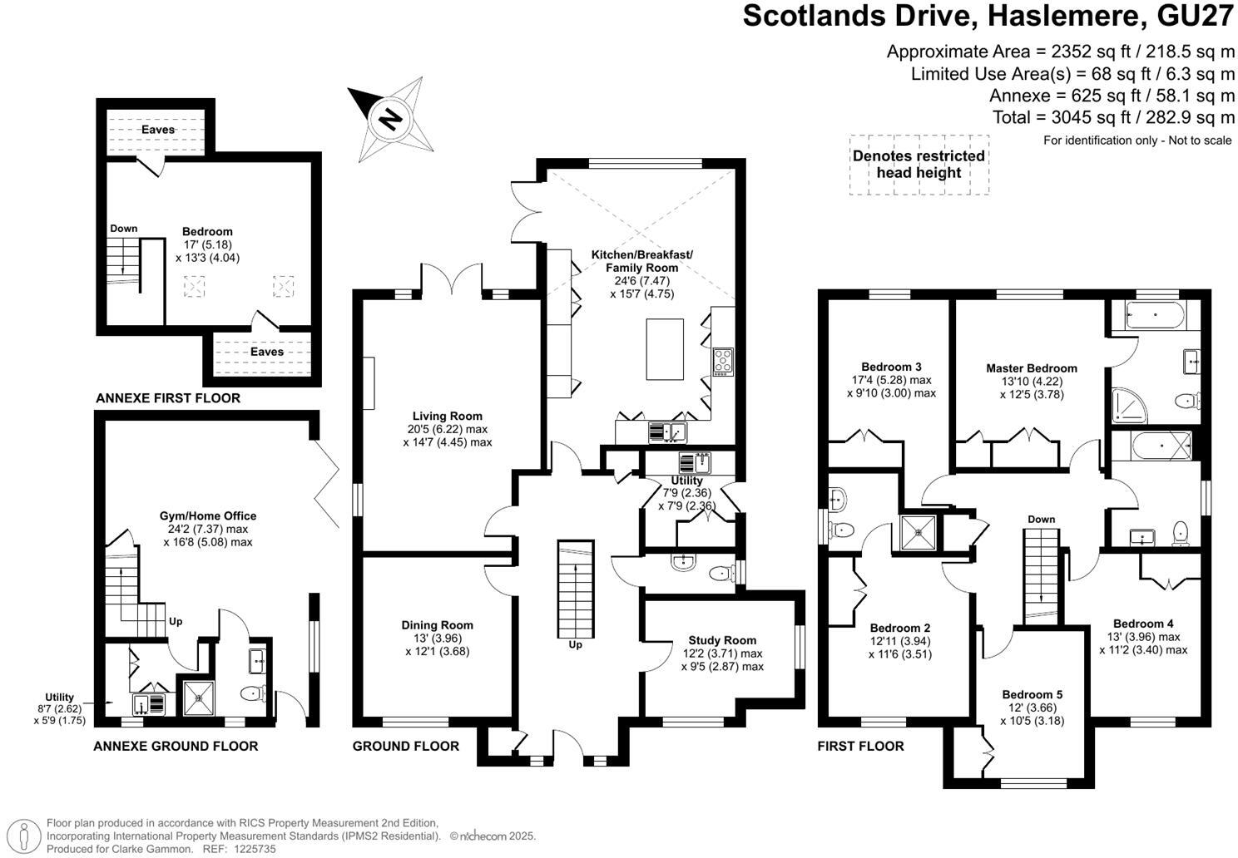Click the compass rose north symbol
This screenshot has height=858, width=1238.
coord(389,119)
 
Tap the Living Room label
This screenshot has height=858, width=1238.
coord(447,416)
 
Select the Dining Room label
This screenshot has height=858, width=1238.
coord(437,625)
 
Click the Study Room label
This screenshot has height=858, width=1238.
coord(722,640)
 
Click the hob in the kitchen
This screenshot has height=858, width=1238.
coord(722,362)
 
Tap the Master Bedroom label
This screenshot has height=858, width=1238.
coord(1031,368)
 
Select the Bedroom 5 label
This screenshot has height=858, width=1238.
coord(1032,694)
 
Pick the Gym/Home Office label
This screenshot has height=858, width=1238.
coord(208,515)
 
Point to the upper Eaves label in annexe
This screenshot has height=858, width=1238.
coord(157,130)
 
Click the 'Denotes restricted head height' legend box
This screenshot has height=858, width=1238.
coord(919,165)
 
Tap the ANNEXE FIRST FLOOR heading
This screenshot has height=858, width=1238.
coord(168,398)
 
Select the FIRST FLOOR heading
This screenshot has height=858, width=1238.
coord(860,746)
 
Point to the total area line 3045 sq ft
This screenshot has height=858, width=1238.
coord(1113,117)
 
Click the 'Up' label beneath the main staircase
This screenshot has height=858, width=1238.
coord(575,644)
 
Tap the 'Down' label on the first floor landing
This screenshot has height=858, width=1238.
coord(1041,519)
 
